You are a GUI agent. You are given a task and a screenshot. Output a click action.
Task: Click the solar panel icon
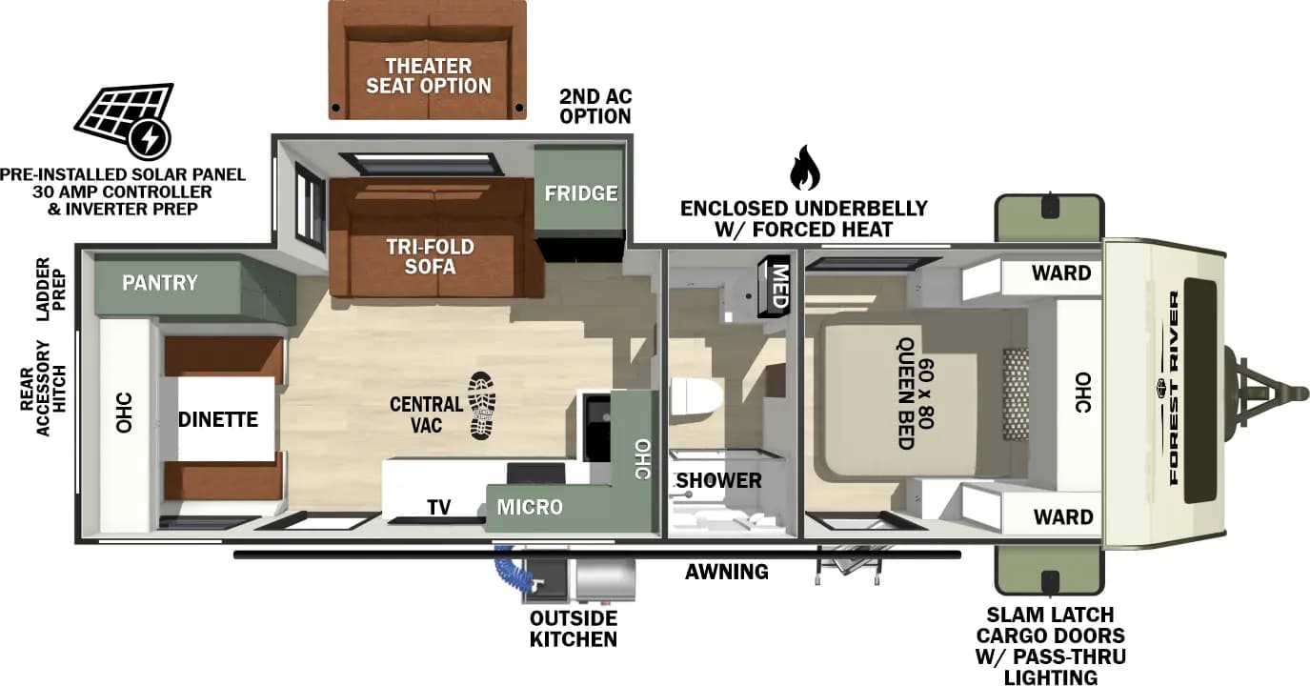tap(124, 120)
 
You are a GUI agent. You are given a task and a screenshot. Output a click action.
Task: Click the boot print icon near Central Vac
tap(482, 405)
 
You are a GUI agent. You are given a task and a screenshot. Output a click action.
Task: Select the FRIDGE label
tap(580, 193)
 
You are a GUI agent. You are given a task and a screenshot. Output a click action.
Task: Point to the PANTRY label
tap(160, 283)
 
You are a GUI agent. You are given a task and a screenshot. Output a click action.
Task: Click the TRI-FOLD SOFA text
tap(430, 257)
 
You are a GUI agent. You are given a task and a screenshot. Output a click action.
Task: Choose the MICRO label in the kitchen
tap(530, 507)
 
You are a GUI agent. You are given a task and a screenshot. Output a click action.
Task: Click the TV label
tap(438, 507)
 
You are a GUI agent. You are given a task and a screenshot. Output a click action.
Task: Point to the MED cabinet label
tap(778, 284)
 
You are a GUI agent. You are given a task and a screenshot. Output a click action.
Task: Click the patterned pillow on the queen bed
tap(1016, 393)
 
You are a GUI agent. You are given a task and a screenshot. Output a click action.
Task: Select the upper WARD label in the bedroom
tap(1060, 273)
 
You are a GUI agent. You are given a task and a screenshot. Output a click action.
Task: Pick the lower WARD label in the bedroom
tap(1062, 517)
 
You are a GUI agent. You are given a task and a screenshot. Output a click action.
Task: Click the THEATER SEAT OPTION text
tap(428, 75)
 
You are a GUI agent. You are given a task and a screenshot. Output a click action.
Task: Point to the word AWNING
tap(726, 572)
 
